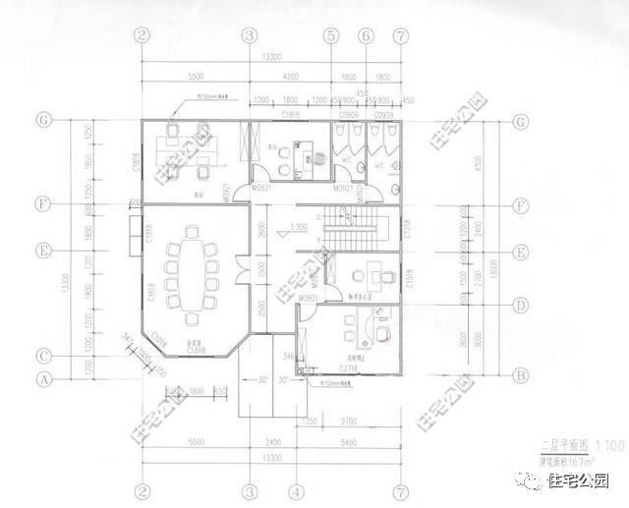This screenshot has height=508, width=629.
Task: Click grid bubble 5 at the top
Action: coord(331,35)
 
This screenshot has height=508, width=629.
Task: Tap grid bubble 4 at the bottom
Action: coord(294,490)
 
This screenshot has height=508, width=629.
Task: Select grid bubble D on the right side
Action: coord(519,305)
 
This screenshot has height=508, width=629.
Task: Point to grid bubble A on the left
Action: coord(43,377)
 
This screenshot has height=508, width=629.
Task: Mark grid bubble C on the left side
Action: coord(43,356)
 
